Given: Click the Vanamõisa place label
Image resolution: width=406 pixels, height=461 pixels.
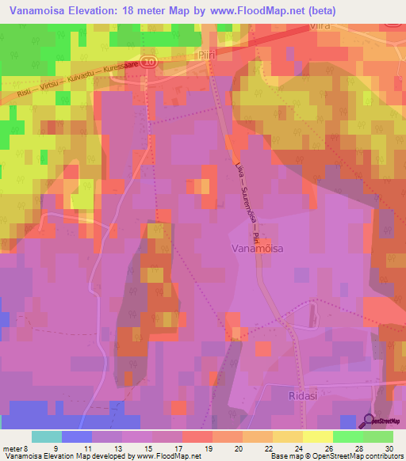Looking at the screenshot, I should click(266, 248).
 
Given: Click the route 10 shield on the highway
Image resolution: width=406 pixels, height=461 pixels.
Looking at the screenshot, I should click(151, 60).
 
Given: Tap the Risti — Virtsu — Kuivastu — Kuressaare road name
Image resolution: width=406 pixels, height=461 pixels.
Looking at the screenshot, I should click(79, 80).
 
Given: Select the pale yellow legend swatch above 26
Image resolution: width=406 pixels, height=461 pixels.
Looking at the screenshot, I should click(317, 436).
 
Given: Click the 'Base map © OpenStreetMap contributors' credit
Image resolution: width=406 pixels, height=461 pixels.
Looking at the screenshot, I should click(335, 456).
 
